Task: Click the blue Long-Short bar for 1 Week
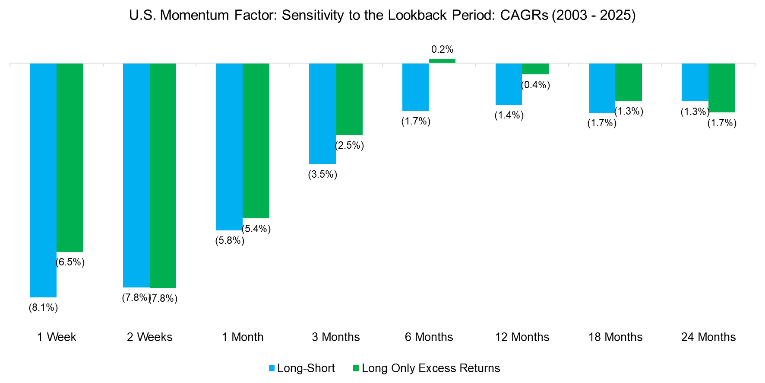[x=43, y=180]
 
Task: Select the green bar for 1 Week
[x=70, y=157]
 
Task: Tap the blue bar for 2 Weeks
[x=136, y=175]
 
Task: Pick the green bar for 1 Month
[x=256, y=140]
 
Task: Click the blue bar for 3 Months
[x=322, y=114]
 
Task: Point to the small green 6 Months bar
[x=442, y=61]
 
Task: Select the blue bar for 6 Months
[x=416, y=87]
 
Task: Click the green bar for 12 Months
[x=535, y=69]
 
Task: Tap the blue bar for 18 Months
[x=602, y=88]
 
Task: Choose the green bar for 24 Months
[x=722, y=88]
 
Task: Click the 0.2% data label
[x=442, y=50]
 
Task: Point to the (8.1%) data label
[x=43, y=308]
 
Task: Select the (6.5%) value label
[x=70, y=262]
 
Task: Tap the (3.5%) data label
[x=322, y=175]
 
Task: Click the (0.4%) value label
[x=536, y=85]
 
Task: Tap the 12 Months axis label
[x=522, y=337]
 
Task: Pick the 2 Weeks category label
[x=149, y=337]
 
